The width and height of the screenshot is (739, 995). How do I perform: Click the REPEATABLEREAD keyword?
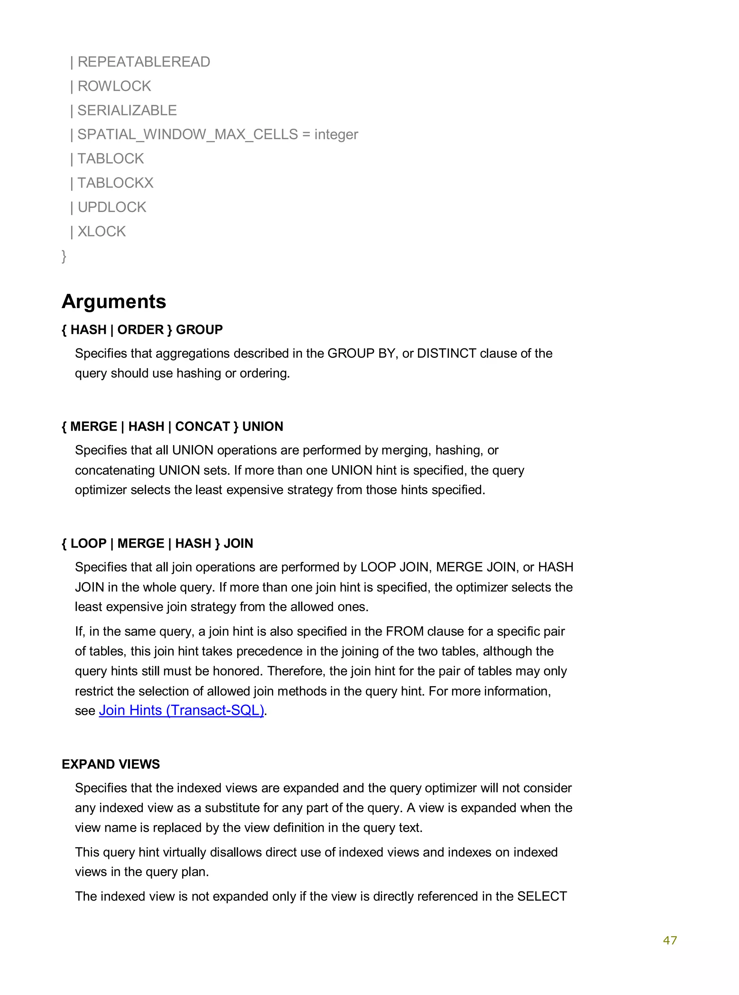pyautogui.click(x=144, y=62)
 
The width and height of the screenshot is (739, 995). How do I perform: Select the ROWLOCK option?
pyautogui.click(x=114, y=86)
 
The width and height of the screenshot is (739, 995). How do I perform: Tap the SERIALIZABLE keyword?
pyautogui.click(x=127, y=110)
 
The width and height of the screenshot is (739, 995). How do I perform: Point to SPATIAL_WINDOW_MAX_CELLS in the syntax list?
pyautogui.click(x=187, y=135)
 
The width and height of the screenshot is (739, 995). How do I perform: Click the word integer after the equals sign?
pyautogui.click(x=336, y=135)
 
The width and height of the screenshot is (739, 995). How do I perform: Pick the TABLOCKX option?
pyautogui.click(x=115, y=183)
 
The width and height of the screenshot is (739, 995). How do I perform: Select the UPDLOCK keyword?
pyautogui.click(x=112, y=207)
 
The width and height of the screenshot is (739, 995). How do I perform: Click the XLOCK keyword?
pyautogui.click(x=101, y=232)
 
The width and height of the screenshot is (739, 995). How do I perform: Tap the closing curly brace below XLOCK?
pyautogui.click(x=64, y=256)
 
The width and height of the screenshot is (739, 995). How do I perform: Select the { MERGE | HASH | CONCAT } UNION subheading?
pyautogui.click(x=172, y=426)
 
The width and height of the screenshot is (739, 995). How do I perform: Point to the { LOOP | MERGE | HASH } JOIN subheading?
pyautogui.click(x=157, y=543)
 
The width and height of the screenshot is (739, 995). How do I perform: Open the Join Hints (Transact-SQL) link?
pyautogui.click(x=181, y=710)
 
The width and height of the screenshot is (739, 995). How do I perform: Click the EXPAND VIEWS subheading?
pyautogui.click(x=110, y=764)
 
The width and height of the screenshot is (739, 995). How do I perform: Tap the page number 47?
pyautogui.click(x=670, y=940)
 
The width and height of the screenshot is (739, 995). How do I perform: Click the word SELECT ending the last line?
pyautogui.click(x=542, y=896)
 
